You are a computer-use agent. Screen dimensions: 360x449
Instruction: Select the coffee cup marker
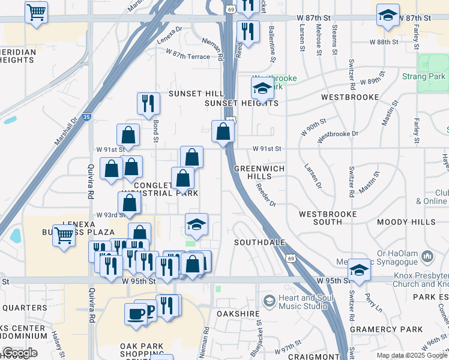point(136,313)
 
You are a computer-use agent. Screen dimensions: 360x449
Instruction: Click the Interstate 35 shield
point(86,118)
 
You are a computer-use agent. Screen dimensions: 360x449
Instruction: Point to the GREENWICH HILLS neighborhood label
point(259,173)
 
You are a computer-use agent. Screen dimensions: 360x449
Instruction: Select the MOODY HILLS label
point(411,222)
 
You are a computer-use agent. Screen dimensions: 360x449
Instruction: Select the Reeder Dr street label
point(265,195)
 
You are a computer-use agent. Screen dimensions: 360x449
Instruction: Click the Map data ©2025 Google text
point(411,355)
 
